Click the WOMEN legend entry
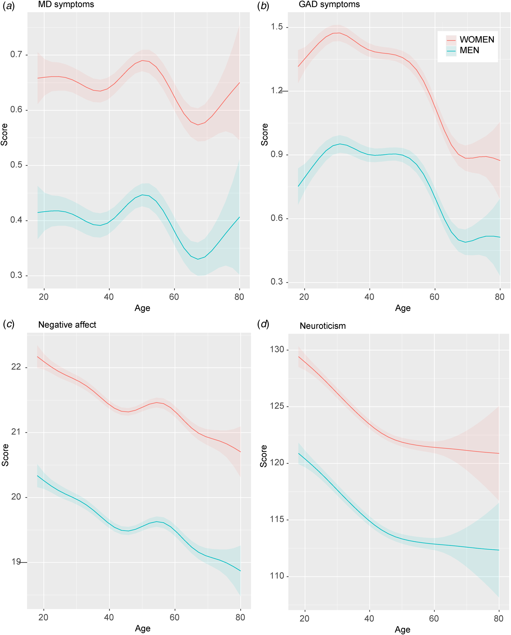[476, 40]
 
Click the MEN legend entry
[469, 50]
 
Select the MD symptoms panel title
[66, 4]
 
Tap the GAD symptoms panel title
[329, 4]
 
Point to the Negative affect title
[67, 325]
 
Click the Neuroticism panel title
[322, 326]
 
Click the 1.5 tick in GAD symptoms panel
[277, 27]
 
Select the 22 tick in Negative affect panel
[16, 367]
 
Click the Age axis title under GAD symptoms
[403, 308]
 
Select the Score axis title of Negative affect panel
[5, 455]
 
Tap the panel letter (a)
[8, 6]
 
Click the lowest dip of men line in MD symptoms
[198, 259]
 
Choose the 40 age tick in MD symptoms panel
[109, 297]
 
